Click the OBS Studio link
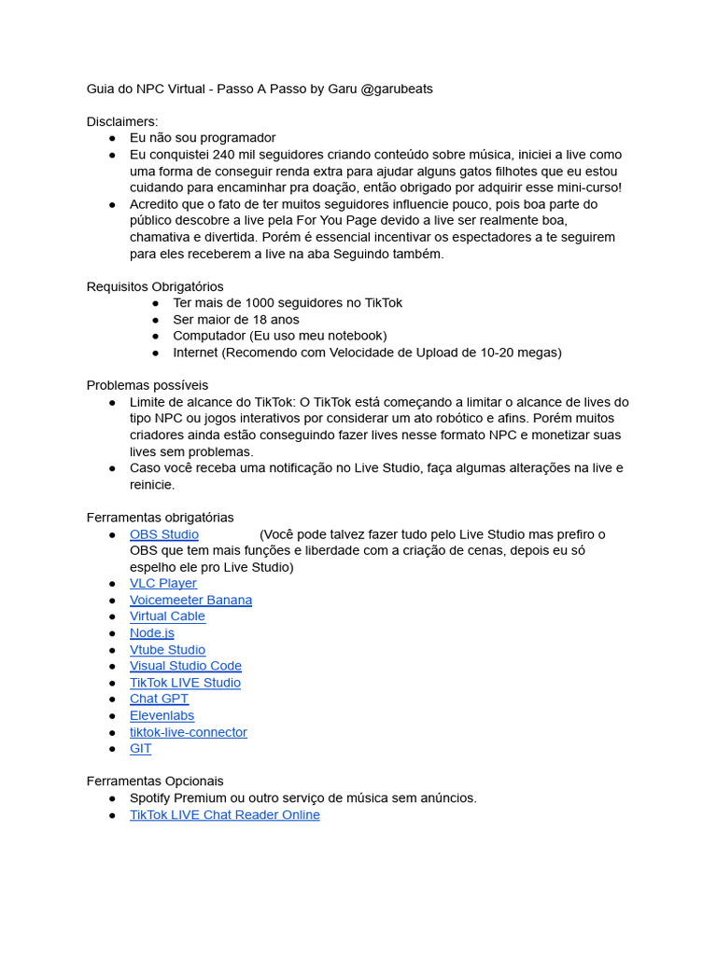click(163, 534)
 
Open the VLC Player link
click(162, 584)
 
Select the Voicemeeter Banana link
click(190, 601)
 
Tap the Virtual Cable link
click(167, 616)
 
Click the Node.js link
click(151, 633)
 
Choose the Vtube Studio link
click(167, 650)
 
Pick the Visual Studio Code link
click(185, 666)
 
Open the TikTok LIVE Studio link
click(185, 683)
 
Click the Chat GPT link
click(159, 699)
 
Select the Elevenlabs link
click(162, 716)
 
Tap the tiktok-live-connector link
click(188, 732)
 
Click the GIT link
click(140, 749)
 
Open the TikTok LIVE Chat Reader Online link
click(224, 815)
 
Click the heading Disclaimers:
click(122, 122)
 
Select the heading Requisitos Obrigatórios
click(155, 286)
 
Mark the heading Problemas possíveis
click(148, 385)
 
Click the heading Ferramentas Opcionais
click(155, 782)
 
